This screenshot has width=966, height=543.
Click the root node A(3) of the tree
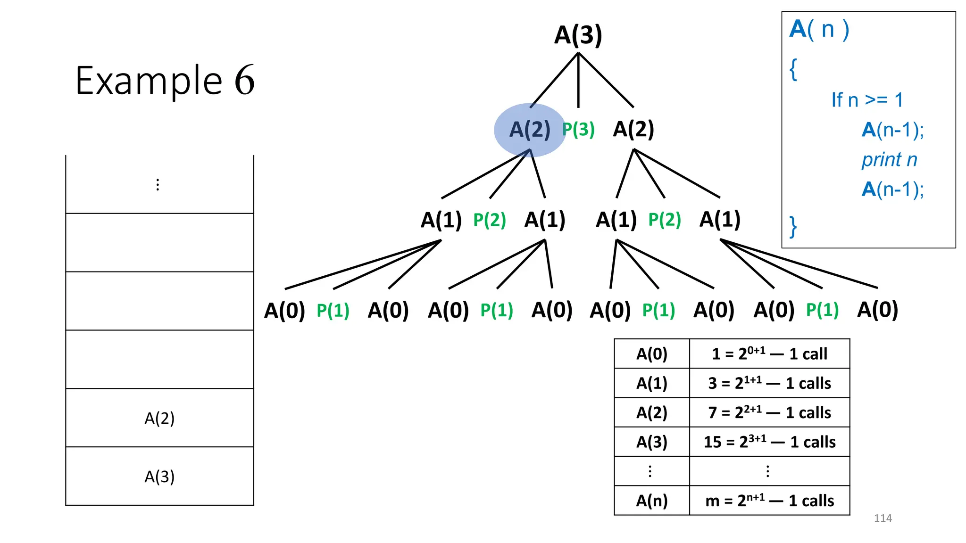click(x=578, y=35)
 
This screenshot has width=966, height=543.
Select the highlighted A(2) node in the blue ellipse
click(x=530, y=130)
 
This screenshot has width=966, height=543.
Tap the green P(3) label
click(x=578, y=130)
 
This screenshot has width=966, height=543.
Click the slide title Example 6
click(x=165, y=81)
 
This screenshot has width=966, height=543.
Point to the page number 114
click(x=883, y=518)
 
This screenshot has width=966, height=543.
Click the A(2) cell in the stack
click(x=159, y=418)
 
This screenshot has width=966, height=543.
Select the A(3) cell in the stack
click(x=159, y=477)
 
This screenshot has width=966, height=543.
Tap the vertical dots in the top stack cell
click(x=158, y=184)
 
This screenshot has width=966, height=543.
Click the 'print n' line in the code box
click(x=889, y=160)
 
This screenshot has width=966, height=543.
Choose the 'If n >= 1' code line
click(x=867, y=100)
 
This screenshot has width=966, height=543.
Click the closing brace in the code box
click(x=793, y=227)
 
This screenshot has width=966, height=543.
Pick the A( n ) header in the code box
click(x=819, y=29)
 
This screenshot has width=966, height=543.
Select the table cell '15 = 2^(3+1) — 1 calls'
click(x=769, y=442)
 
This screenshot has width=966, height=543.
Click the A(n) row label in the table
click(x=652, y=501)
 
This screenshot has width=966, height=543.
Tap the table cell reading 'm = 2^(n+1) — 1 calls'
click(x=769, y=501)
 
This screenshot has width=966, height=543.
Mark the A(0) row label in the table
click(x=652, y=354)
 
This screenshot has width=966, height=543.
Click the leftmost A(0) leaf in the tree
click(x=284, y=311)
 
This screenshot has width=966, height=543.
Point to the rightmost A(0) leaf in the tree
click(x=877, y=310)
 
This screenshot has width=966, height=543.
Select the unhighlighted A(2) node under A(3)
click(x=633, y=129)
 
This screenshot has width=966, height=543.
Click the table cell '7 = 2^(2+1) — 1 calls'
click(x=769, y=412)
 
